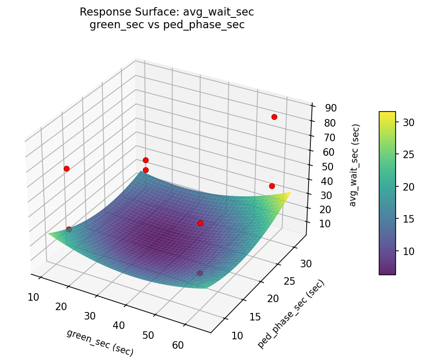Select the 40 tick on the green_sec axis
[119, 326]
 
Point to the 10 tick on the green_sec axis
[33, 296]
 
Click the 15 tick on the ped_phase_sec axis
[254, 317]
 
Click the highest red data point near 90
[274, 117]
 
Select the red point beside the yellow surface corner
[272, 186]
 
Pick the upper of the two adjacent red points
[146, 160]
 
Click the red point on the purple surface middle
[200, 223]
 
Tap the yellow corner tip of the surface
[290, 192]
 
